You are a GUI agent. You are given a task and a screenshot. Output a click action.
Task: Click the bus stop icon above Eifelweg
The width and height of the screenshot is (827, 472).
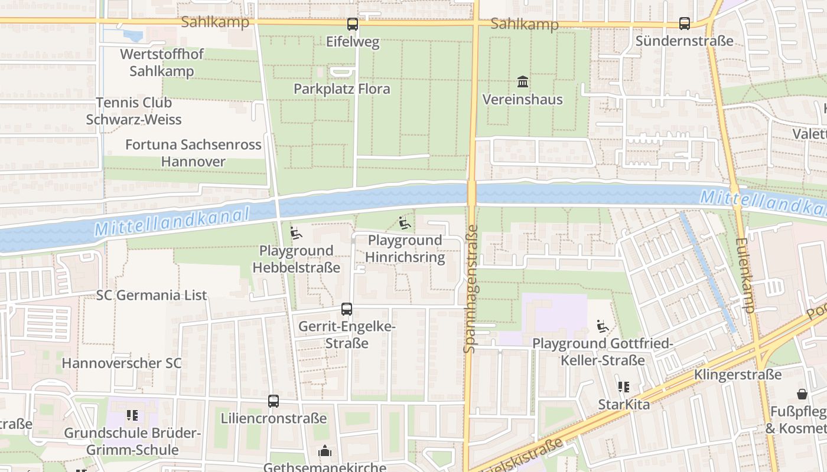352,24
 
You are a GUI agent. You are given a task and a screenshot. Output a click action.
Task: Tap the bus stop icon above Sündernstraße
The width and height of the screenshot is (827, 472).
684,24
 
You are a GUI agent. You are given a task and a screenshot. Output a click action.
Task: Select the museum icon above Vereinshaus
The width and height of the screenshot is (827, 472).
523,81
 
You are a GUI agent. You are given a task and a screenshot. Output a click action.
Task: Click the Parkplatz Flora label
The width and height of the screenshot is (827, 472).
342,89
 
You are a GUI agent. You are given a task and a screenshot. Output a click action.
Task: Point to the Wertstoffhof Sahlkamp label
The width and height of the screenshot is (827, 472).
161,63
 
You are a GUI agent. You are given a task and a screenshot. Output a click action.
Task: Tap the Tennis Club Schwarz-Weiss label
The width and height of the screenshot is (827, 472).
134,111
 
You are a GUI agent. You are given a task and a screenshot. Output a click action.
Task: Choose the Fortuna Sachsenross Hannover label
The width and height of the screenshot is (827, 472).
193,153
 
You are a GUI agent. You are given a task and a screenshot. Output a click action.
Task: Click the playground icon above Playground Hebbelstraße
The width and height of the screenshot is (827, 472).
296,233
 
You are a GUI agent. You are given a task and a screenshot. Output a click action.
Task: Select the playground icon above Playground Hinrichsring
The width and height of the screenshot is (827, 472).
405,222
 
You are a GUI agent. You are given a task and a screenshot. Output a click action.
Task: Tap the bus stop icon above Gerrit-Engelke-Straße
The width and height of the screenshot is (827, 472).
346,309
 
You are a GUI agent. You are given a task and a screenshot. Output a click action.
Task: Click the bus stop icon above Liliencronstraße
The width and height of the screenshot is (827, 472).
273,401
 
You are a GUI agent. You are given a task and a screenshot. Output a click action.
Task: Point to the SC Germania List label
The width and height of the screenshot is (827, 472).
152,295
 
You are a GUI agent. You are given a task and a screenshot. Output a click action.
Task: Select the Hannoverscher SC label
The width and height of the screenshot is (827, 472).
122,363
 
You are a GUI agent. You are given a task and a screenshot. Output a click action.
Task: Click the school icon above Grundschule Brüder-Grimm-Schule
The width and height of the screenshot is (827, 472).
132,415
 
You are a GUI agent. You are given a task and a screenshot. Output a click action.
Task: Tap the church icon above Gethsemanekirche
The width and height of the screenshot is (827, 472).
325,451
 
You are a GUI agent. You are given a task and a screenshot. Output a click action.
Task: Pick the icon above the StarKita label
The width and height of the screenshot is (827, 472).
623,387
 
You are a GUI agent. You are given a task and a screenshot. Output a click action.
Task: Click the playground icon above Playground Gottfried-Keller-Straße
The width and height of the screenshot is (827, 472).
603,326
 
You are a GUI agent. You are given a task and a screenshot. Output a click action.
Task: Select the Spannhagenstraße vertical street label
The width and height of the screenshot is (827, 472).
471,289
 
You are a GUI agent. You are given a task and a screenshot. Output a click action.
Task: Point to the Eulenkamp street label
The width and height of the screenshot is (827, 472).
745,275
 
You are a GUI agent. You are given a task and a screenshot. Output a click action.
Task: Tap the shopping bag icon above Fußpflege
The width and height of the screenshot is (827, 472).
802,394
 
